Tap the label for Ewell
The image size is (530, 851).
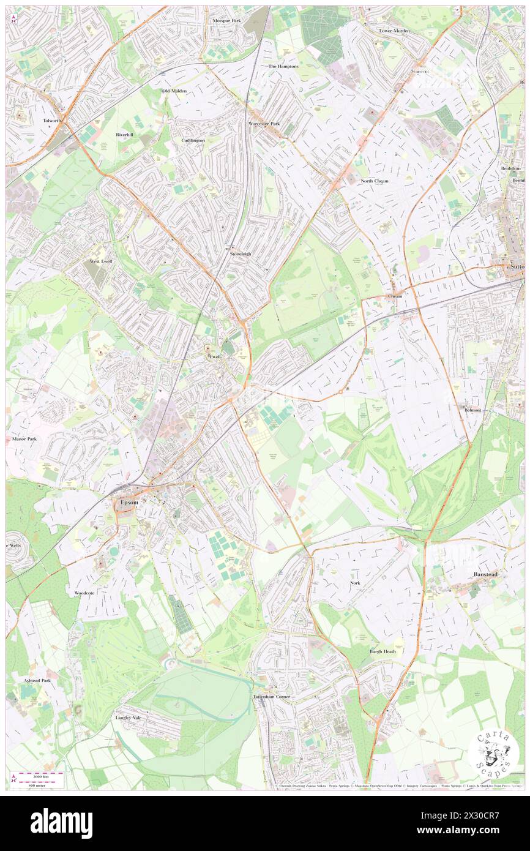pyautogui.click(x=215, y=356)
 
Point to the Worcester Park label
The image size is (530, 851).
pyautogui.click(x=264, y=124)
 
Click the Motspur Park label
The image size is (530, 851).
pyautogui.click(x=226, y=21)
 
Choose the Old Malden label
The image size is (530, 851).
pyautogui.click(x=174, y=91)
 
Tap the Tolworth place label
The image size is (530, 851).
pyautogui.click(x=53, y=121)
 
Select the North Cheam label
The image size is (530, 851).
pyautogui.click(x=375, y=181)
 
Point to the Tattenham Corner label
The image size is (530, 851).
pyautogui.click(x=272, y=697)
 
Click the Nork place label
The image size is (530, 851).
pyautogui.click(x=355, y=583)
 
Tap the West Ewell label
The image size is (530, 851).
pyautogui.click(x=101, y=261)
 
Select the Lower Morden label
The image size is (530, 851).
pyautogui.click(x=394, y=31)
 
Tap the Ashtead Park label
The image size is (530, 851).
pyautogui.click(x=37, y=680)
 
